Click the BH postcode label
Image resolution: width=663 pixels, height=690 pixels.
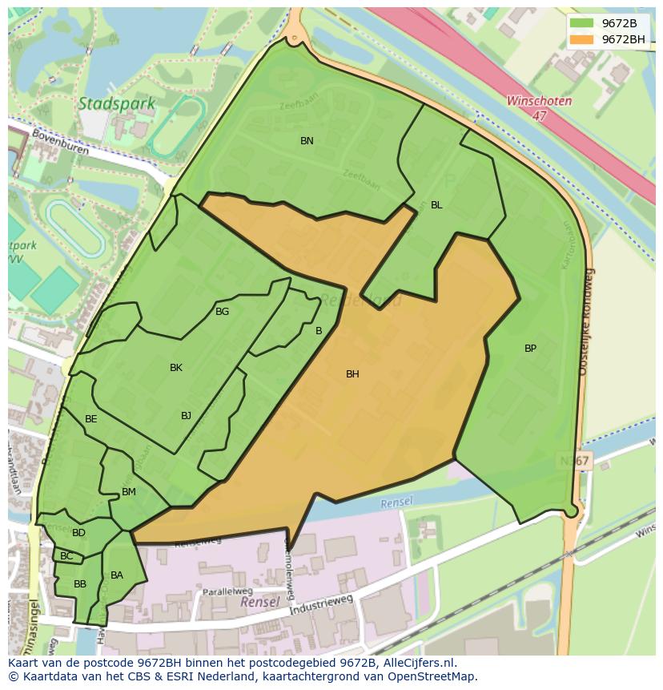pyautogui.click(x=352, y=374)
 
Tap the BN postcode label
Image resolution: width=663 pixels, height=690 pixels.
pyautogui.click(x=307, y=141)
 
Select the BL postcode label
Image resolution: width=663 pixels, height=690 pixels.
pyautogui.click(x=436, y=205)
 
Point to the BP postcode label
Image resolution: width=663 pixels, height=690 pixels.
pyautogui.click(x=530, y=349)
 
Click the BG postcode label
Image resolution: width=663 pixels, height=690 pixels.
pyautogui.click(x=222, y=312)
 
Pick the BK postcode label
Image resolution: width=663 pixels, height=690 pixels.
pyautogui.click(x=176, y=368)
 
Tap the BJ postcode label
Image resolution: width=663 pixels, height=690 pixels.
pyautogui.click(x=186, y=415)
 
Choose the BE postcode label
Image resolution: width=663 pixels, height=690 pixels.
pyautogui.click(x=91, y=419)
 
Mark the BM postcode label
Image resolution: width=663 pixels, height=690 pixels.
pyautogui.click(x=129, y=492)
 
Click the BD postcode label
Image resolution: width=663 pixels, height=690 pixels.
pyautogui.click(x=78, y=533)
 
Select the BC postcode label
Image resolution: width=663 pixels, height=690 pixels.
pyautogui.click(x=66, y=556)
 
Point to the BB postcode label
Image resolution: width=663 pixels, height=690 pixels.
pyautogui.click(x=80, y=584)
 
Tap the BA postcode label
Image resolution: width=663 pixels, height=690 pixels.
pyautogui.click(x=117, y=575)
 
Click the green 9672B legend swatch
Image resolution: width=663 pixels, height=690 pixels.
pyautogui.click(x=582, y=23)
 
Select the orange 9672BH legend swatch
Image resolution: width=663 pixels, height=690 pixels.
pyautogui.click(x=582, y=39)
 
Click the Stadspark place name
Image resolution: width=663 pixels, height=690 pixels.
pyautogui.click(x=106, y=103)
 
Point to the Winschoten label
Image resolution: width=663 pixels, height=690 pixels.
pyautogui.click(x=539, y=102)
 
